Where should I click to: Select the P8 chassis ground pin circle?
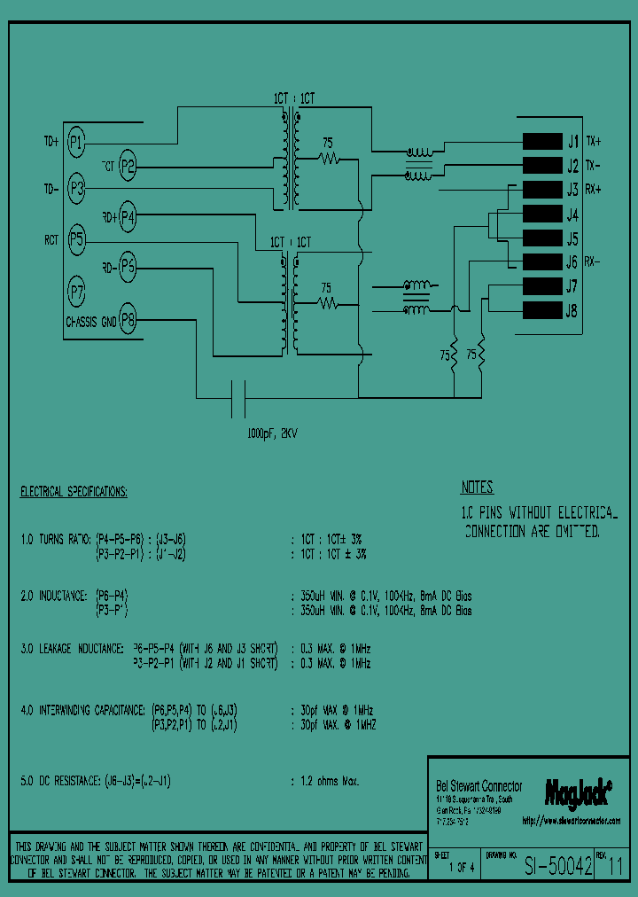(x=128, y=320)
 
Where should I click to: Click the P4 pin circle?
(x=128, y=215)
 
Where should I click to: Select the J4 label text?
(x=572, y=214)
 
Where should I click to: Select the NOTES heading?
(x=477, y=487)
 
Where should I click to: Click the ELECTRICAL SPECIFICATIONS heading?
(x=74, y=491)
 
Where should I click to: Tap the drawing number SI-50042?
(x=556, y=867)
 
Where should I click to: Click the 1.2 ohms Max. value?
(x=325, y=781)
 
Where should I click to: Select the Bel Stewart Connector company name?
(x=479, y=786)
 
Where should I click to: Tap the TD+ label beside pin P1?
(x=52, y=140)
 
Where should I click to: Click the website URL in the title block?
(x=571, y=822)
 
